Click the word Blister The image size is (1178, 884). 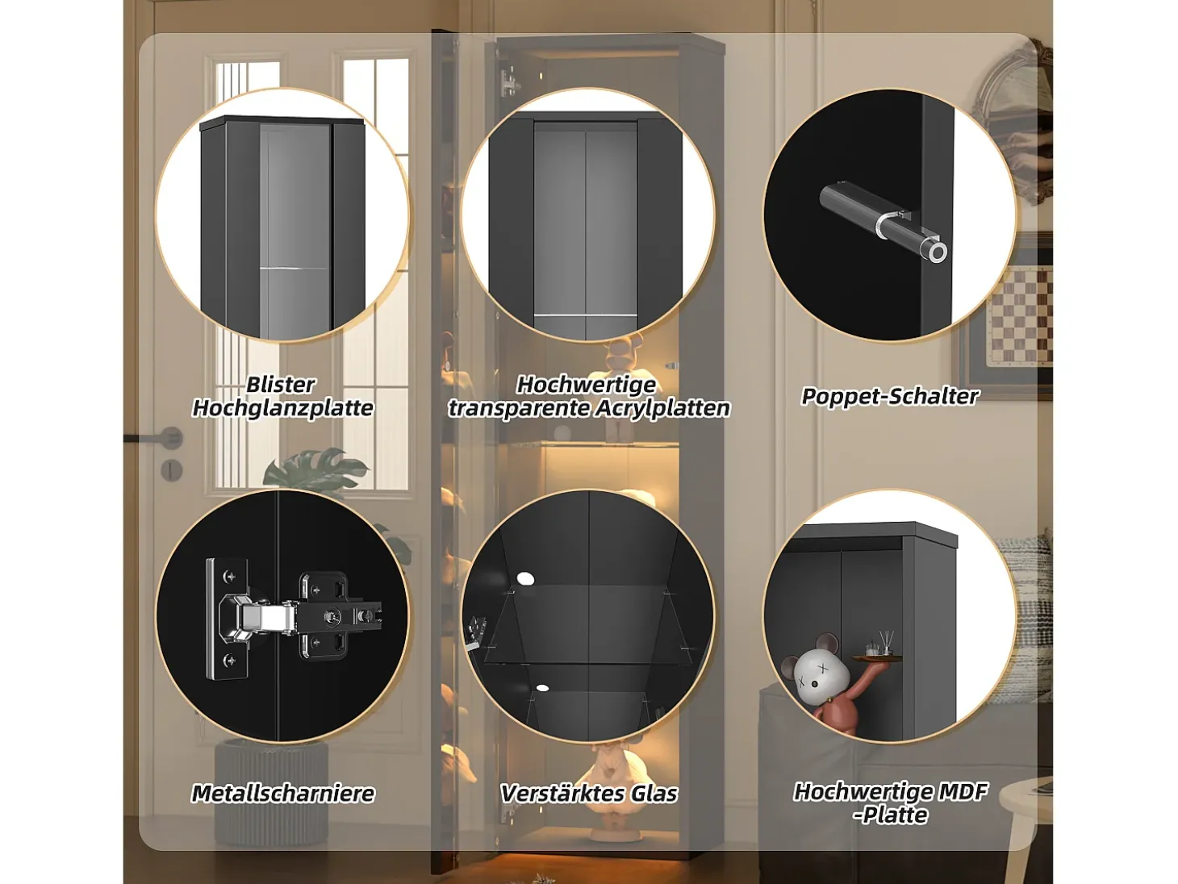(x=280, y=385)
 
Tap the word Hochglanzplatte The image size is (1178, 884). (x=282, y=408)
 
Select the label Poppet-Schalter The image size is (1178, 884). (x=890, y=396)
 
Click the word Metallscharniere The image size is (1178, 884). (x=283, y=793)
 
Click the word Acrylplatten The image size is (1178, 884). (x=662, y=409)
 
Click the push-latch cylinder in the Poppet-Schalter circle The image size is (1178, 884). (x=883, y=222)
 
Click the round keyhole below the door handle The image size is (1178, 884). (x=171, y=470)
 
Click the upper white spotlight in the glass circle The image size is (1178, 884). (x=525, y=578)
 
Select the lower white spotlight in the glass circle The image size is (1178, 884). (x=542, y=688)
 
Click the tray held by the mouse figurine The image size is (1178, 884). (x=872, y=657)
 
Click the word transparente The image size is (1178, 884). (x=518, y=409)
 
